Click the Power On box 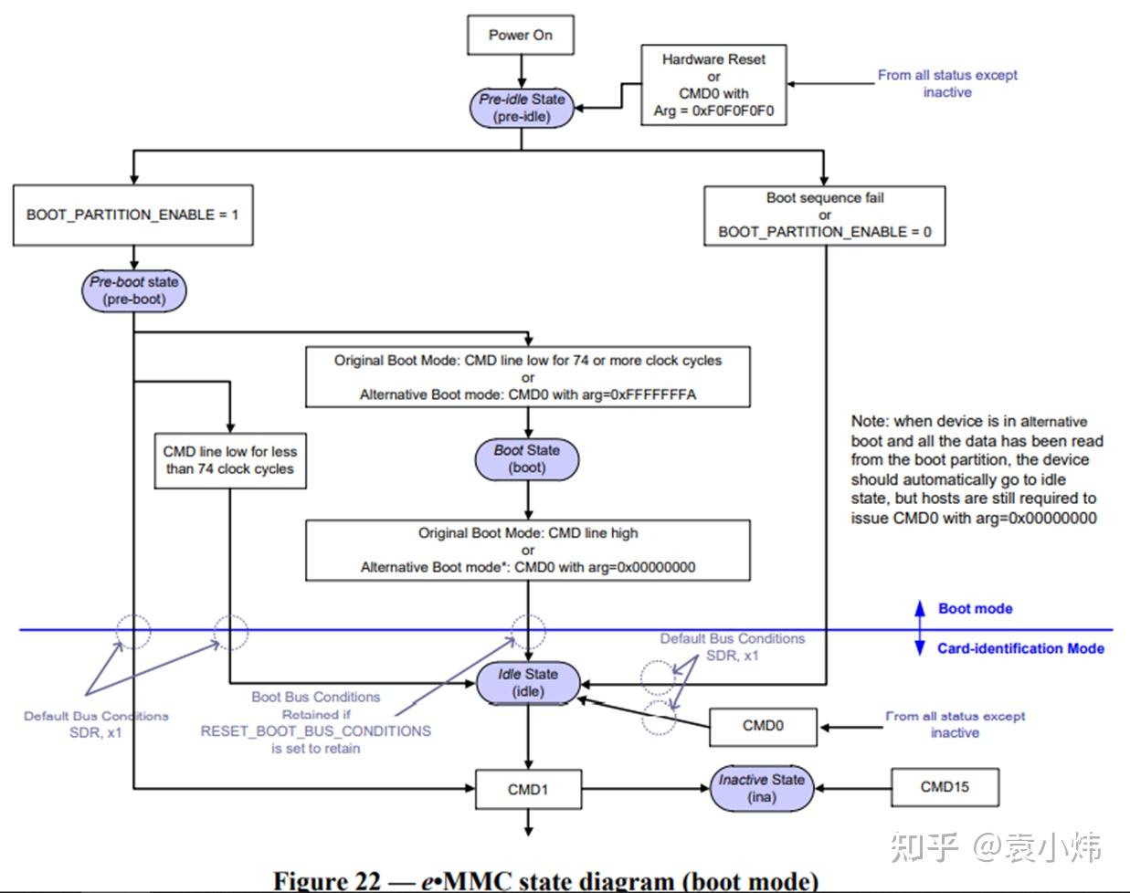[520, 35]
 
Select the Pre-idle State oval [522, 108]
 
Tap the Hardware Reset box [713, 84]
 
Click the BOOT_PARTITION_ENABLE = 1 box [132, 215]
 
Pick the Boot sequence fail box [824, 215]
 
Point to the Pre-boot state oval [133, 290]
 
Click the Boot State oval [527, 458]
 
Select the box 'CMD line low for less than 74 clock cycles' [229, 460]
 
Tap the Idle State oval [527, 683]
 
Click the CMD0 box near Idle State [763, 726]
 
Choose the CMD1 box [527, 789]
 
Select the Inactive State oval [761, 788]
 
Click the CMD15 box [945, 787]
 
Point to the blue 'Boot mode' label [975, 609]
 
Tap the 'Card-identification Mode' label [1020, 648]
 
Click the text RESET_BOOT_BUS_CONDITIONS [316, 731]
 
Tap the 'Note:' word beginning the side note [869, 421]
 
